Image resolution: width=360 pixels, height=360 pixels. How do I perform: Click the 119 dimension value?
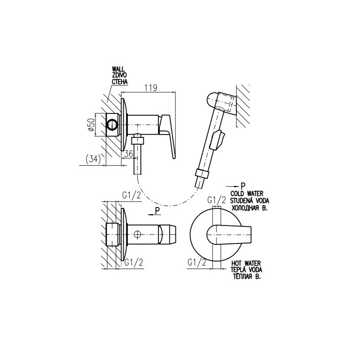click(x=151, y=88)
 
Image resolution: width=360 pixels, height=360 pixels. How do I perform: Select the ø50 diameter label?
click(x=91, y=125)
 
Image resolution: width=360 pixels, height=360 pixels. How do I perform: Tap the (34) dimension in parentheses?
click(x=93, y=159)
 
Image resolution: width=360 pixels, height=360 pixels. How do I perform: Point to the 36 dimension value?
click(x=129, y=153)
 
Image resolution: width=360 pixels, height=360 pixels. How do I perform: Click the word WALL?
click(x=118, y=69)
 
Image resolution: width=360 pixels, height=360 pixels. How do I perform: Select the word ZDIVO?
click(x=119, y=75)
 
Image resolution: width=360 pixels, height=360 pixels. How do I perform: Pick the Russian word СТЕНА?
click(x=119, y=81)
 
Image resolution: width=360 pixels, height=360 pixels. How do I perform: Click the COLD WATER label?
click(x=247, y=194)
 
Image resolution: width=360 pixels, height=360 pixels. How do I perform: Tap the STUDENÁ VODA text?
click(x=250, y=201)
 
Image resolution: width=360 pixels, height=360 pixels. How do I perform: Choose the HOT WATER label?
click(x=246, y=263)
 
